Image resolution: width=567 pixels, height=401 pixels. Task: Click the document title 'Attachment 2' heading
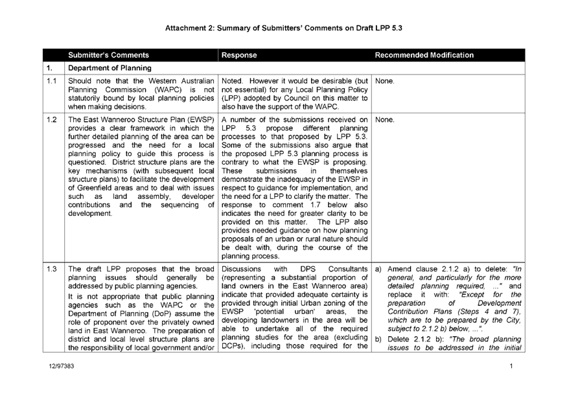[x=284, y=29]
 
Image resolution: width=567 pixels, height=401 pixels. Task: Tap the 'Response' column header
[x=239, y=56]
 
